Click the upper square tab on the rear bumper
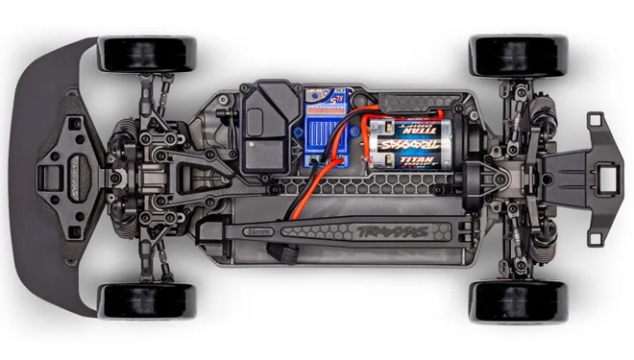click(x=596, y=120)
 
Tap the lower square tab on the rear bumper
click(x=596, y=234)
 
